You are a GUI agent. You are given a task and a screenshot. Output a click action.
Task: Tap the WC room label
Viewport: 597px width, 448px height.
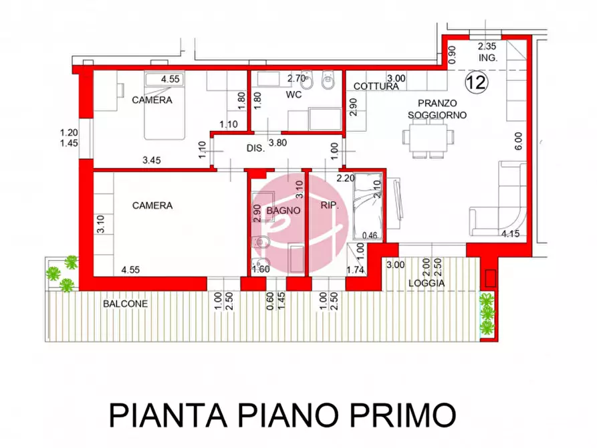(x=294, y=95)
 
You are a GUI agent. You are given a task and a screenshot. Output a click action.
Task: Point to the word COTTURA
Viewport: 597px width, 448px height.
(x=376, y=86)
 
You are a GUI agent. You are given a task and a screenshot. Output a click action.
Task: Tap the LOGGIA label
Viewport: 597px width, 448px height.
(x=427, y=283)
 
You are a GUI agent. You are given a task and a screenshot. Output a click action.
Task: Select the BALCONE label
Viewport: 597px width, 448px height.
(x=125, y=303)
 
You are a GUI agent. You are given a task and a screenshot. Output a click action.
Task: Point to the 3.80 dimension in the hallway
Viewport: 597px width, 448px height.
(x=278, y=142)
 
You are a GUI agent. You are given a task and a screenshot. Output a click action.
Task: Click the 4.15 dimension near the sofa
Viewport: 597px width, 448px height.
(x=511, y=233)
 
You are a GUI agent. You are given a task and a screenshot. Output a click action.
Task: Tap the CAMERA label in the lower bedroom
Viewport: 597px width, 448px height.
(x=152, y=205)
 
